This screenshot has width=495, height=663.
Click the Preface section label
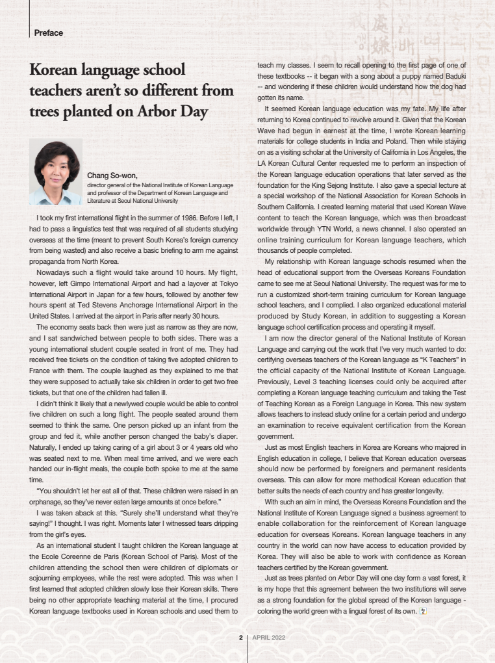pos(48,32)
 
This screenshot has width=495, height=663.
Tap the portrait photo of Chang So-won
pos(56,172)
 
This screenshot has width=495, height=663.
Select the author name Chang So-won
pos(112,174)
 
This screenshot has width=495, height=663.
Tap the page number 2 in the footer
pos(240,638)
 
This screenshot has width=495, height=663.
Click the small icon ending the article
pos(423,612)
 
